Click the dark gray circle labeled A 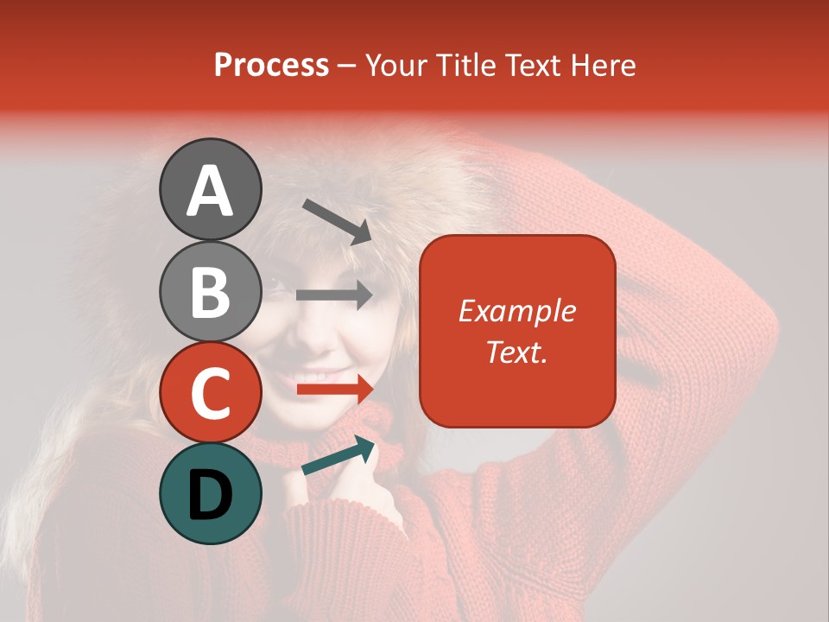[210, 189]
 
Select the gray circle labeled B [210, 291]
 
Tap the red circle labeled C [210, 392]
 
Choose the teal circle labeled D [210, 493]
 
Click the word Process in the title [271, 65]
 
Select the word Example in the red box [516, 311]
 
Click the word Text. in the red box [516, 352]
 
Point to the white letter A [210, 191]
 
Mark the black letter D [210, 495]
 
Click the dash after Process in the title [346, 67]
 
